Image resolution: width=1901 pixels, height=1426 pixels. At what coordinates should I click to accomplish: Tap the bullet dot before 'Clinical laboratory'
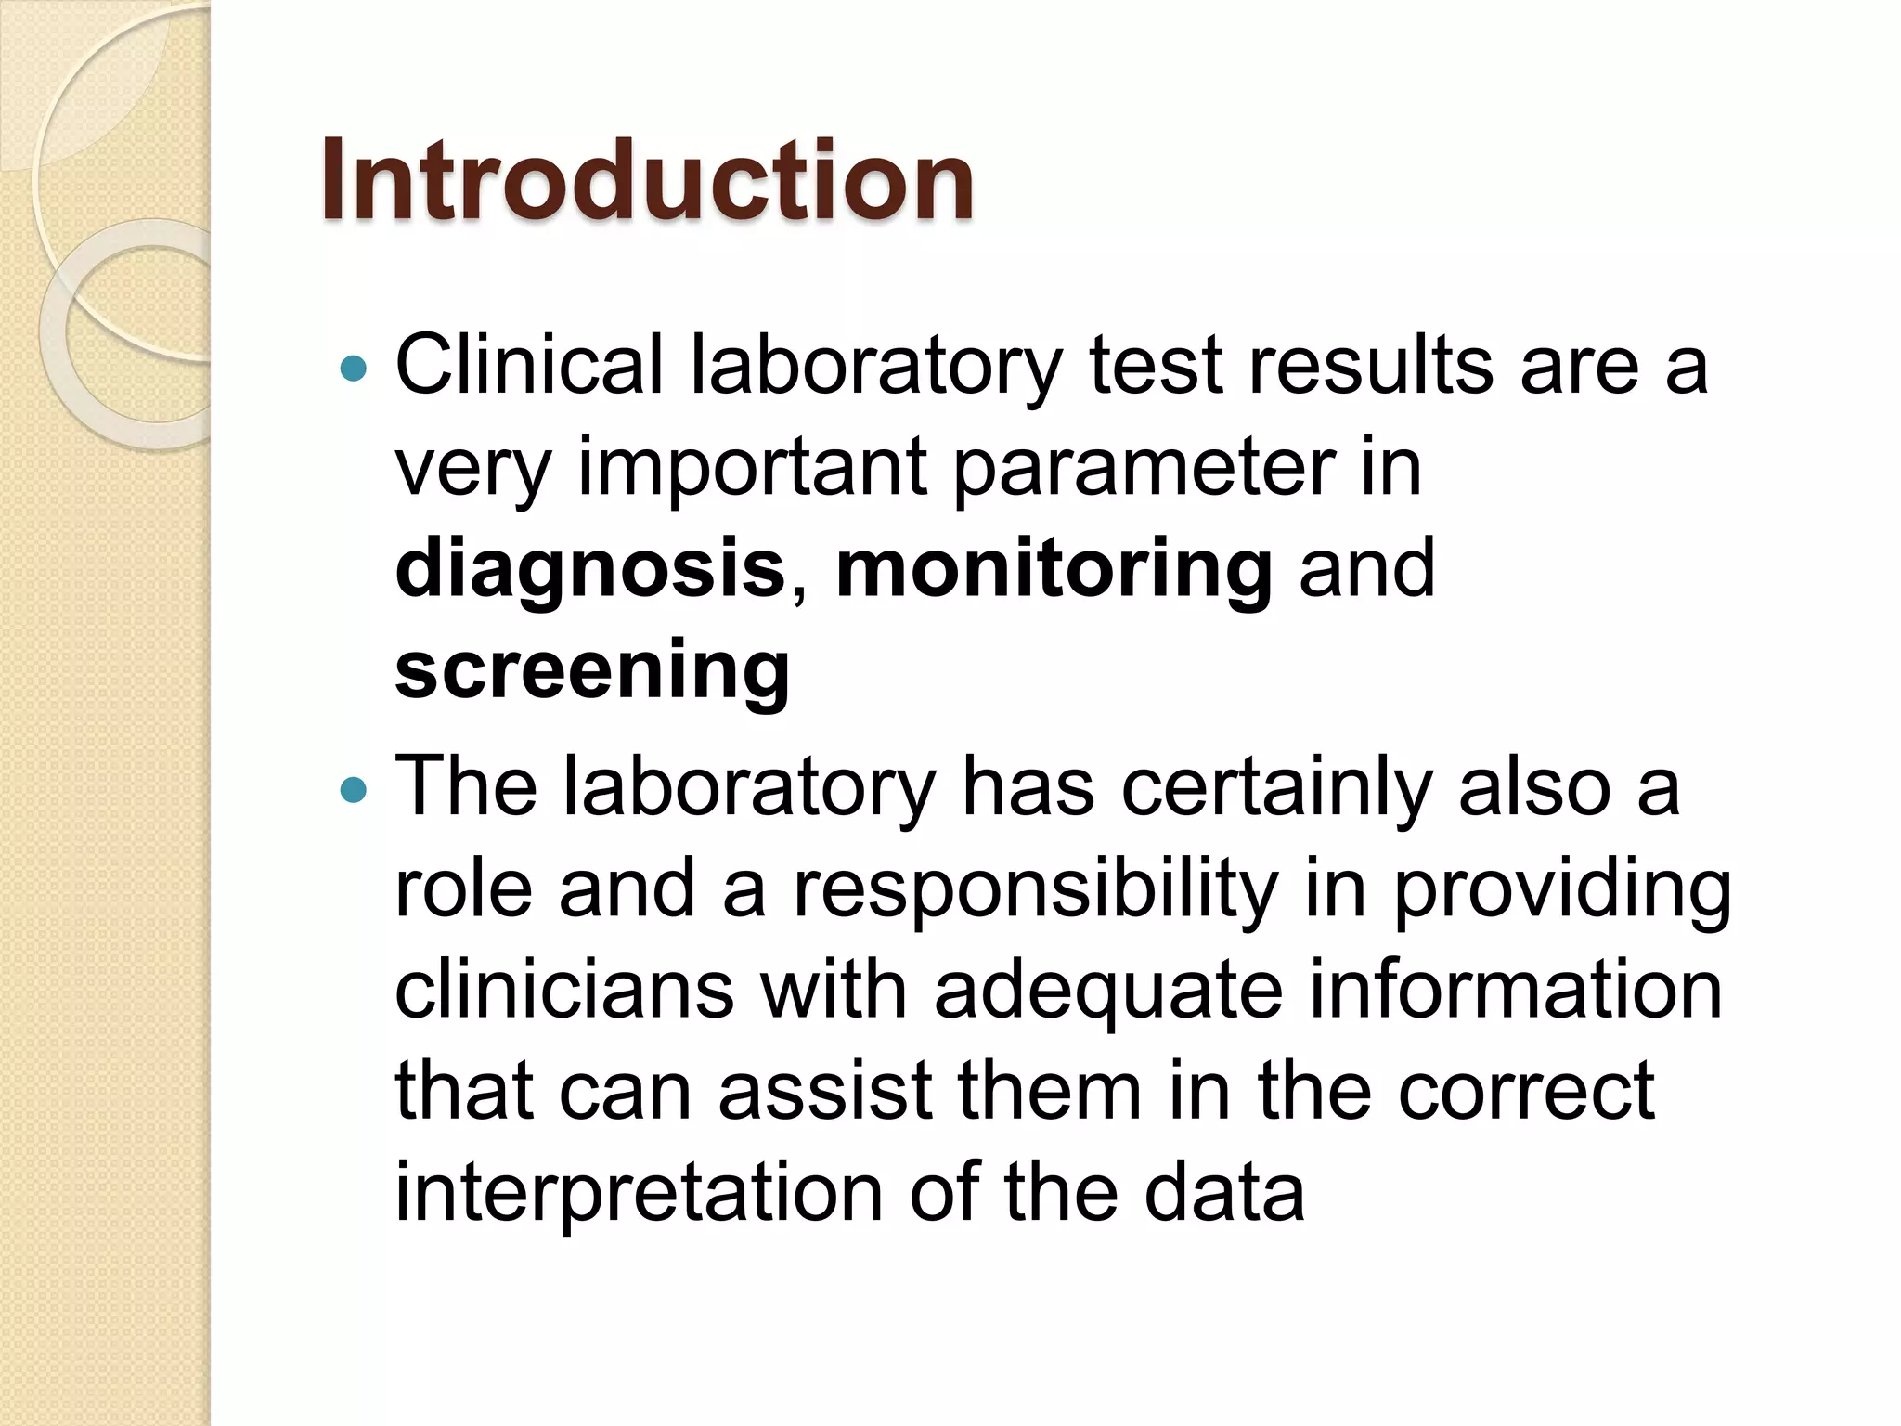(354, 369)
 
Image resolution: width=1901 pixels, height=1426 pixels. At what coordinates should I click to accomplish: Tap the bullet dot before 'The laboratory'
(354, 790)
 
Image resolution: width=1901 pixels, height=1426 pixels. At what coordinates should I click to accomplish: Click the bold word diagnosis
(590, 568)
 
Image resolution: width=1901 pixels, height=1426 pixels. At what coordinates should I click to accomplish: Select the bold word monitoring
(1054, 568)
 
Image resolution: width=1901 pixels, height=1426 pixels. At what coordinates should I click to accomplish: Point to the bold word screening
(592, 670)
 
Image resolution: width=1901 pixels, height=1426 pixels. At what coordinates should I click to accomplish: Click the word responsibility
(1035, 889)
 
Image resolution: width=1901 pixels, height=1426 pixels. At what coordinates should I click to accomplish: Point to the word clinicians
(564, 990)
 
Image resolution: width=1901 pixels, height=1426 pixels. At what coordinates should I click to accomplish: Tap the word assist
(825, 1092)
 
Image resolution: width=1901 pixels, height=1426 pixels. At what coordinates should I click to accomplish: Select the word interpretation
(639, 1194)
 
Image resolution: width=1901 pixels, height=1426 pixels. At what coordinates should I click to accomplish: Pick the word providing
(1563, 889)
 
